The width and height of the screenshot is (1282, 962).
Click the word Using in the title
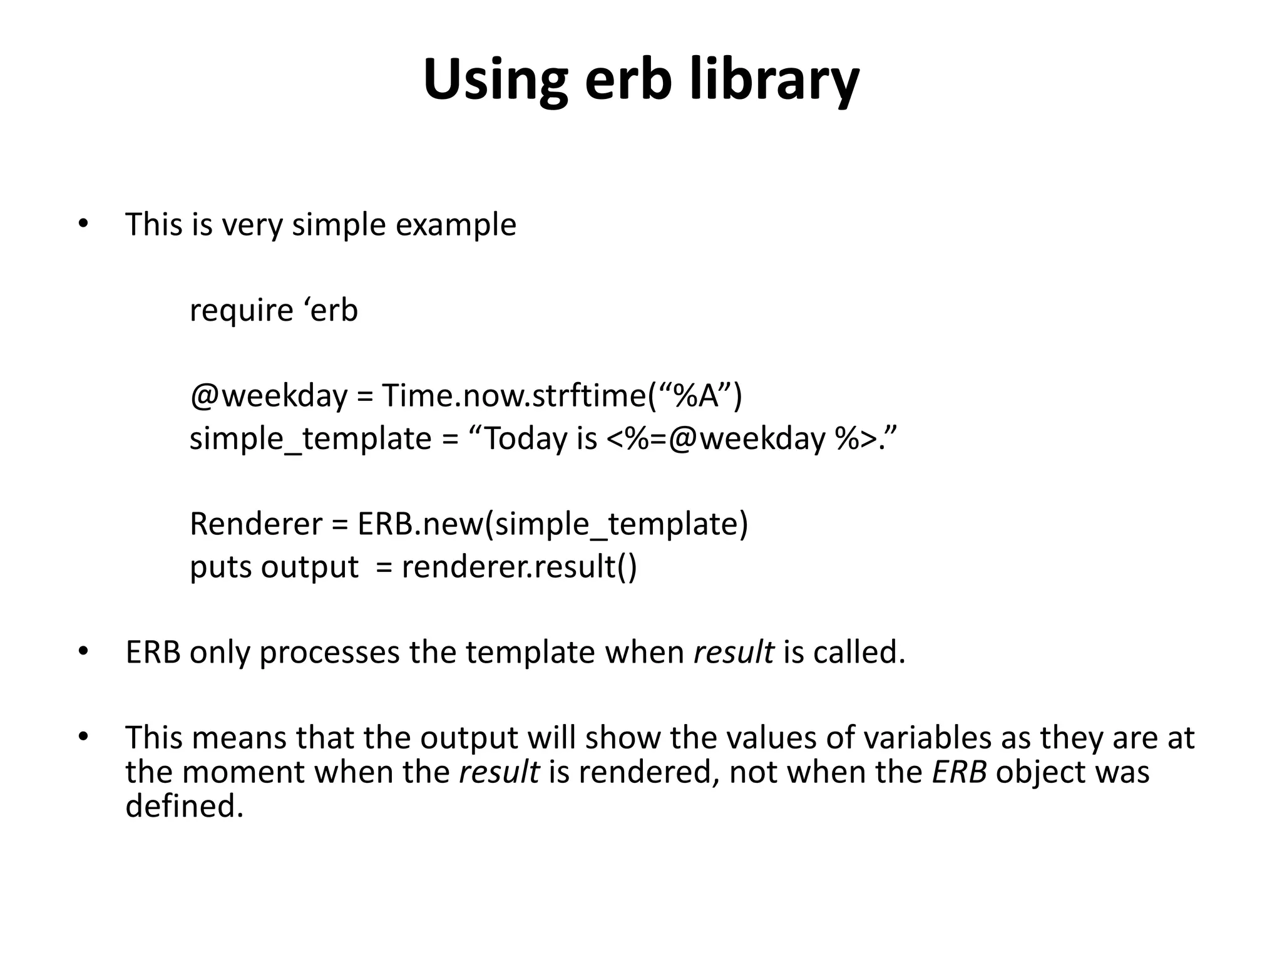pyautogui.click(x=495, y=80)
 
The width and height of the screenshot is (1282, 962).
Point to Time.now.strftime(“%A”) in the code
pyautogui.click(x=562, y=396)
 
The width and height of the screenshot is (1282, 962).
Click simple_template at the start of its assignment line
pyautogui.click(x=310, y=439)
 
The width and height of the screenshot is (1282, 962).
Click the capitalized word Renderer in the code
pyautogui.click(x=255, y=524)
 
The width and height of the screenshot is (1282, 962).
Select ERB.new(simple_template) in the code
pyautogui.click(x=552, y=524)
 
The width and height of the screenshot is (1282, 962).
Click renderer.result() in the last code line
pyautogui.click(x=519, y=567)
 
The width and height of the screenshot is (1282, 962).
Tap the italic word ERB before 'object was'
pyautogui.click(x=959, y=772)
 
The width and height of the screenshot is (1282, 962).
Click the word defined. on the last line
pyautogui.click(x=184, y=806)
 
